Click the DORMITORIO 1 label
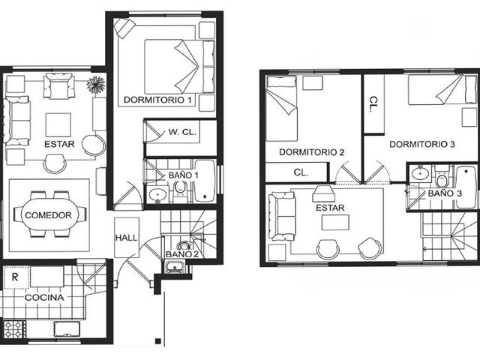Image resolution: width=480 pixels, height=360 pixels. coord(158,100)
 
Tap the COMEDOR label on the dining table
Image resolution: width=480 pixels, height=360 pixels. coord(48,215)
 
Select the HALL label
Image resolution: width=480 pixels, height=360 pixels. coord(126,238)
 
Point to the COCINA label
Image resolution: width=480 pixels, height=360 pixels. coord(44,297)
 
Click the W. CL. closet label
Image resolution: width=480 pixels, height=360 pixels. coord(182,132)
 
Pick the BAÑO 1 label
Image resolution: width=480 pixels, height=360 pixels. coord(183,175)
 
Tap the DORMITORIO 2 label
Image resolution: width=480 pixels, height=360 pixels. coord(312,152)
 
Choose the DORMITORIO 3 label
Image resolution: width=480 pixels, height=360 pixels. coord(422,144)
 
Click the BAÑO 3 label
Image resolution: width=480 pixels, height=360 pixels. coord(445,193)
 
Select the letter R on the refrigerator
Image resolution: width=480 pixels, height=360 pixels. coord(15,277)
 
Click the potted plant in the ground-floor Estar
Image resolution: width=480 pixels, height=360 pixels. coord(96,85)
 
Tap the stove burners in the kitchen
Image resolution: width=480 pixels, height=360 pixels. coord(13,328)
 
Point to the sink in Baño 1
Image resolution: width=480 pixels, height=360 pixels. coord(158,194)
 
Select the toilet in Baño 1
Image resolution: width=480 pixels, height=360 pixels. coord(180,189)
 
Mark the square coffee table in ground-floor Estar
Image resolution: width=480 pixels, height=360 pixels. coord(58,124)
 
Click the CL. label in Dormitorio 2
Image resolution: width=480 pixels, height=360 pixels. coord(301,172)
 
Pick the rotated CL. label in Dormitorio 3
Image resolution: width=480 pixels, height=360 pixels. coord(373,105)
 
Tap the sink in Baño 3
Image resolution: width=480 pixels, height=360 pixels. coord(421,174)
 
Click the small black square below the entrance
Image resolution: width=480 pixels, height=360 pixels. coord(158,341)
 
